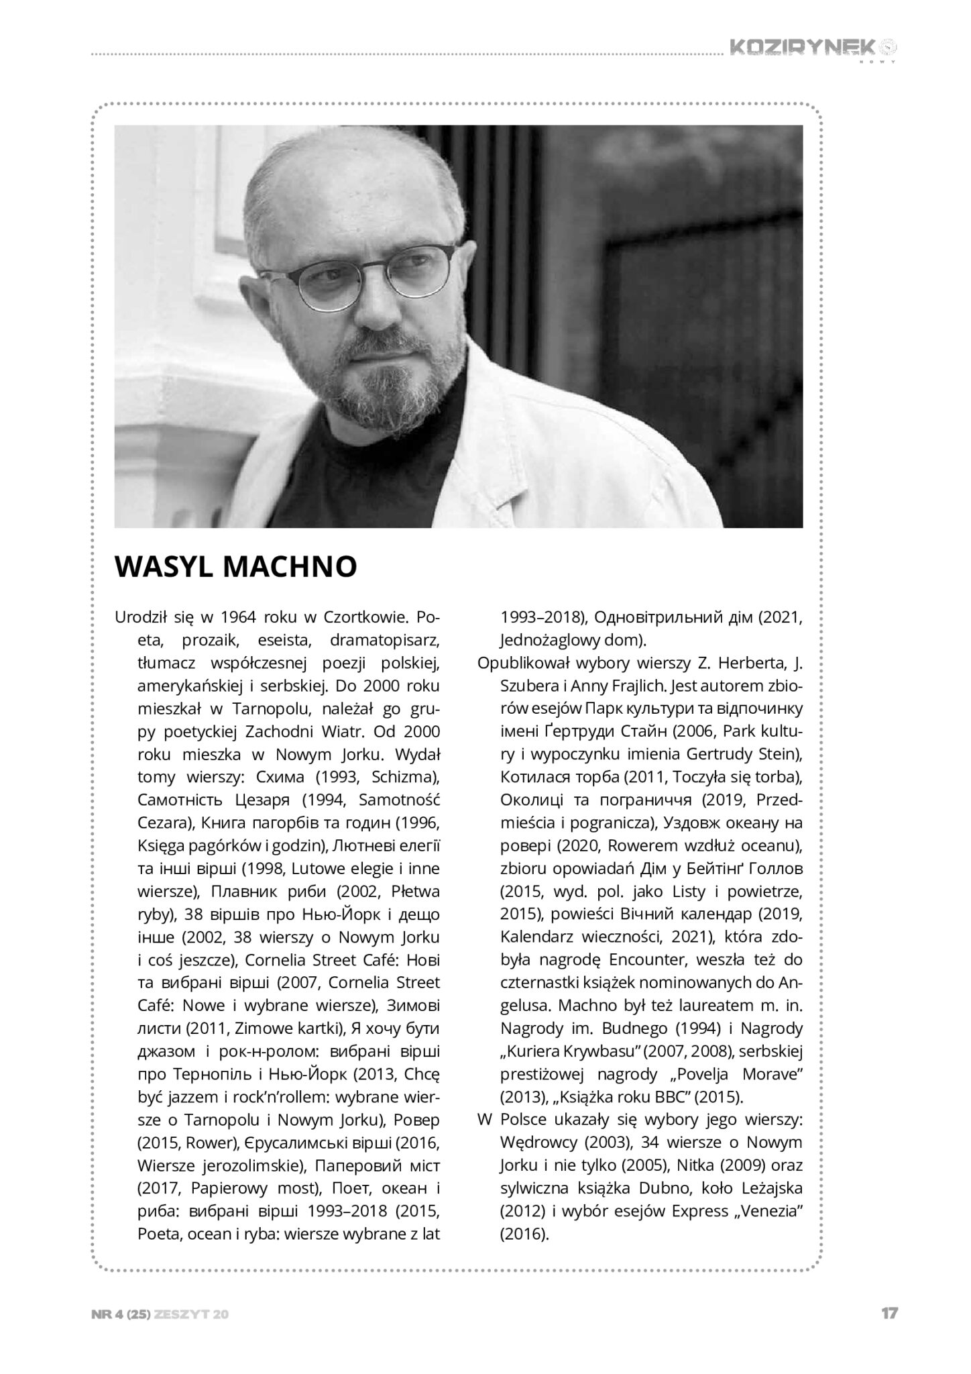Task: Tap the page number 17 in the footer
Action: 889,1314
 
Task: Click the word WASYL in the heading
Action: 164,567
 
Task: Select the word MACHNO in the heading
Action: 290,567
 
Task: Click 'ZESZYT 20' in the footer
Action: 192,1314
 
